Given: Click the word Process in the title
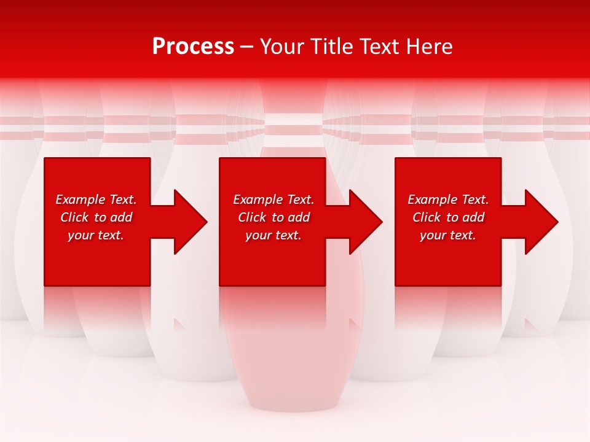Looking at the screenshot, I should [193, 47].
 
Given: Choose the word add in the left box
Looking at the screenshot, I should [121, 217].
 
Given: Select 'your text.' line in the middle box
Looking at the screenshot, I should [273, 235].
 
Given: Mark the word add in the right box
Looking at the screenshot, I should [473, 217].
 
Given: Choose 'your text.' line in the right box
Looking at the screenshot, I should [447, 235].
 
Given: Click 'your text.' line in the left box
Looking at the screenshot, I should [95, 235].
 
